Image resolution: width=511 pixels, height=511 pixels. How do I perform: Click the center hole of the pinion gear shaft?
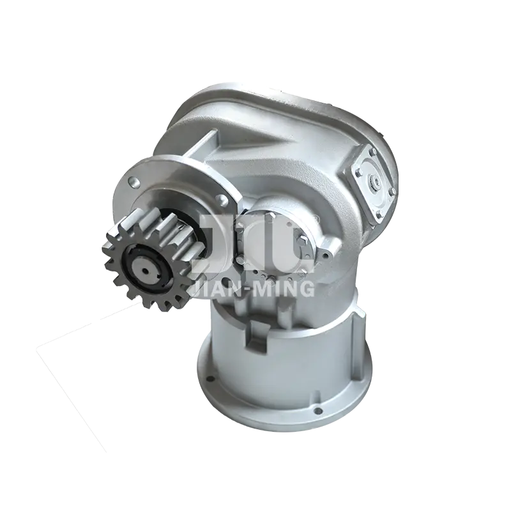coord(146,270)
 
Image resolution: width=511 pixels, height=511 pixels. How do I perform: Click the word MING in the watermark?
coord(285,289)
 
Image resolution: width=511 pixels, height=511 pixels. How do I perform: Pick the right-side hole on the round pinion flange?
coord(222,199)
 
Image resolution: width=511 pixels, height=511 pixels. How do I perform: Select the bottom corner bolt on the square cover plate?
coord(378,215)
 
